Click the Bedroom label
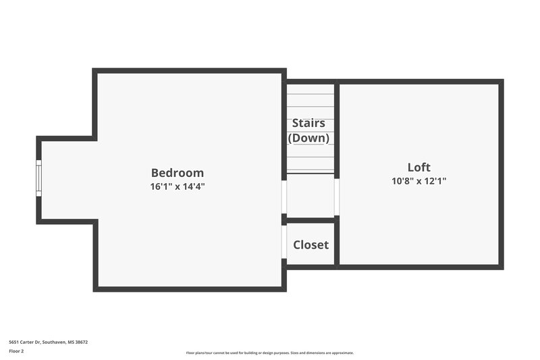coord(177,173)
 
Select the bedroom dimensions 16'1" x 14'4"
coord(177,186)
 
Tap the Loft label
coord(418,168)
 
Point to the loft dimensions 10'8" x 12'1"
coord(418,181)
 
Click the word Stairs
coord(308,124)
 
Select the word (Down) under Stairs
coord(308,138)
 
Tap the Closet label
coord(310,245)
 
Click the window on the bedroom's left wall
coord(38,178)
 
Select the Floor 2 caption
coord(16,351)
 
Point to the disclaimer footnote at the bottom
coord(270,353)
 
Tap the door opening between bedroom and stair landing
coord(284,196)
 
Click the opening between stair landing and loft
coord(336,196)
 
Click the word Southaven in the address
coord(55,342)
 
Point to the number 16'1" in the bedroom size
coord(161,186)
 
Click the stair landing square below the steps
coord(310,196)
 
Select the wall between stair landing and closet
coord(310,220)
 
